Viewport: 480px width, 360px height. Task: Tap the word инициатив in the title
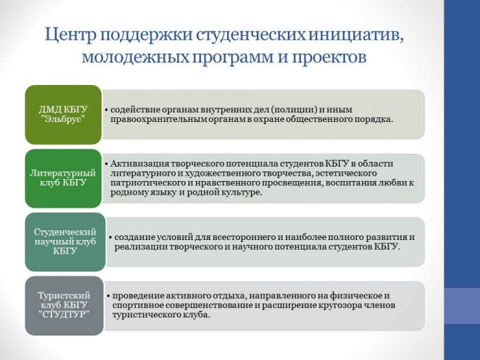click(x=356, y=34)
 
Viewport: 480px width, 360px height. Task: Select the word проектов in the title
click(x=329, y=57)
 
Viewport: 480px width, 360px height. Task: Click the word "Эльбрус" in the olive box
click(x=63, y=119)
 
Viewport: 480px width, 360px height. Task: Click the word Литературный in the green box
click(x=63, y=173)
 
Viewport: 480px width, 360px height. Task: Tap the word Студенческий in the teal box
click(x=65, y=232)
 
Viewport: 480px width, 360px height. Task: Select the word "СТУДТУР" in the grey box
click(x=64, y=314)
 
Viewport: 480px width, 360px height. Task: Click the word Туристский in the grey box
click(x=64, y=296)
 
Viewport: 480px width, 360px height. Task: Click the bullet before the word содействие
click(x=106, y=110)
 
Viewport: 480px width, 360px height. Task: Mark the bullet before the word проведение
click(x=108, y=296)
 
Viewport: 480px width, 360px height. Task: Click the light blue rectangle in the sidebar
click(x=462, y=306)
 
